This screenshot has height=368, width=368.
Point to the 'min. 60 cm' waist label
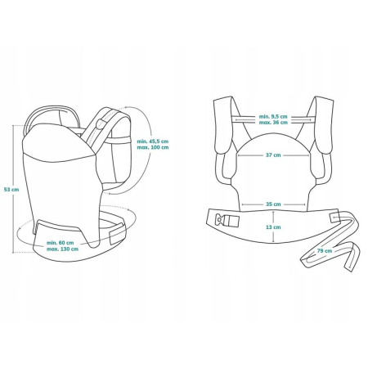[63, 243]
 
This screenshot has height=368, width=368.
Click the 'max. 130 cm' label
[63, 250]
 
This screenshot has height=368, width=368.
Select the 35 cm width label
[273, 204]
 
